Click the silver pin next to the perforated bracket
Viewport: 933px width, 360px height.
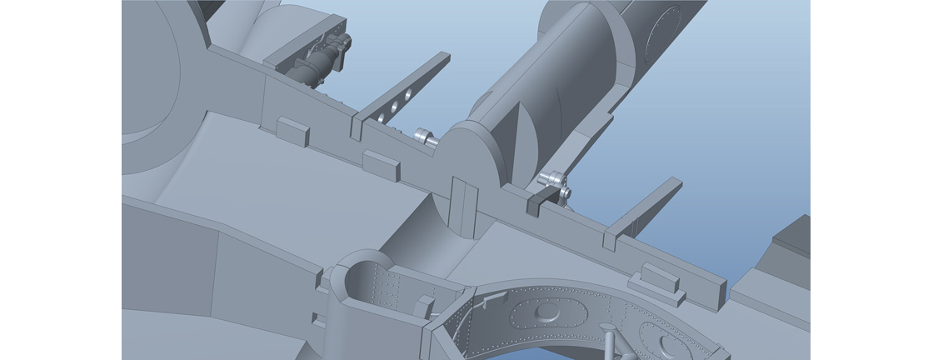coord(426,137)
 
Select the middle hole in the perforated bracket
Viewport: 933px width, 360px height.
coord(392,107)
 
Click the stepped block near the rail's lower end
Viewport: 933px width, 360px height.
coord(657,281)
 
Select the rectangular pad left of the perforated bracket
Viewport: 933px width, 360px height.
coord(292,131)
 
